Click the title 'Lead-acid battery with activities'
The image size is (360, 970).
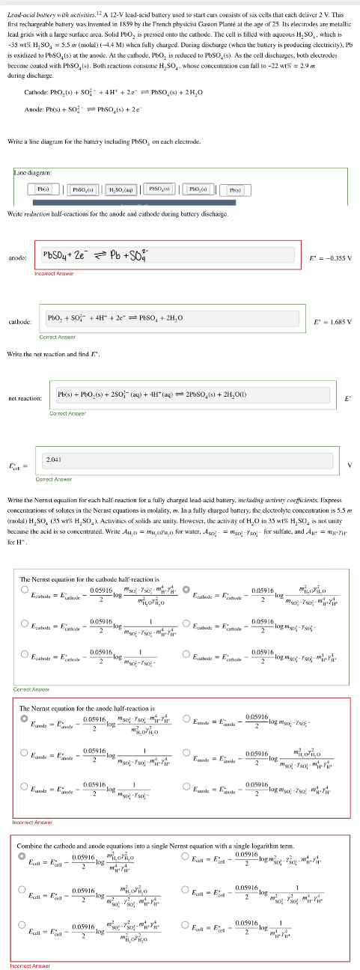click(45, 7)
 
